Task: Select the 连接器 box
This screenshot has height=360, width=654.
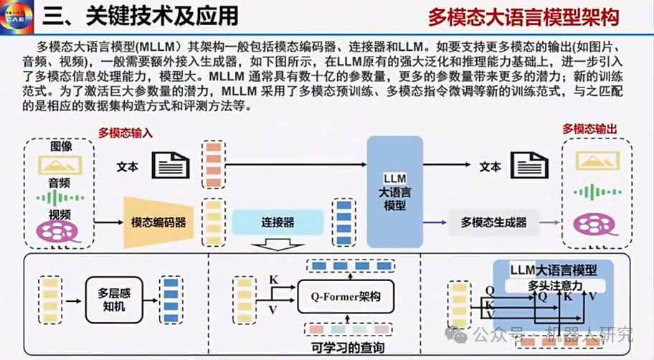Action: (x=278, y=222)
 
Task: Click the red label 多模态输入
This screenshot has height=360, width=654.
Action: (x=126, y=133)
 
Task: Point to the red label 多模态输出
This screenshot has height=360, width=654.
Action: (x=590, y=129)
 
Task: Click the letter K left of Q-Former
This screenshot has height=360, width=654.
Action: (x=273, y=278)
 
